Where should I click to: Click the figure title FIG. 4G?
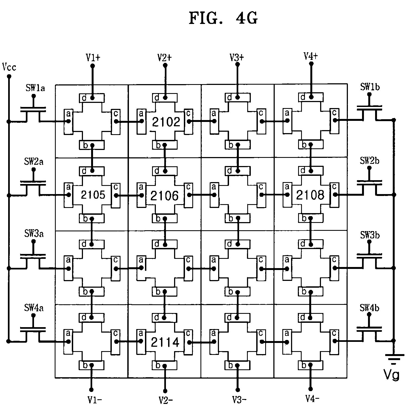tap(223, 19)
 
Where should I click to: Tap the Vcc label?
tap(9, 67)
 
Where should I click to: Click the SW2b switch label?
tap(369, 161)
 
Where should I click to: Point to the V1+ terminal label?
tap(93, 57)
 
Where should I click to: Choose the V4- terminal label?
tap(312, 399)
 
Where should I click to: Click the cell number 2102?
tap(166, 122)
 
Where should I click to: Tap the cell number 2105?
tap(93, 195)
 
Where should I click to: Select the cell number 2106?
tap(165, 195)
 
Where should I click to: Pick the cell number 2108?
tap(310, 195)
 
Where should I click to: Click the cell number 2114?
tap(165, 342)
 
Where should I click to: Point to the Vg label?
tap(392, 375)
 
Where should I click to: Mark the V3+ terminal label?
tap(237, 57)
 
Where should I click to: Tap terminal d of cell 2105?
tap(92, 171)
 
